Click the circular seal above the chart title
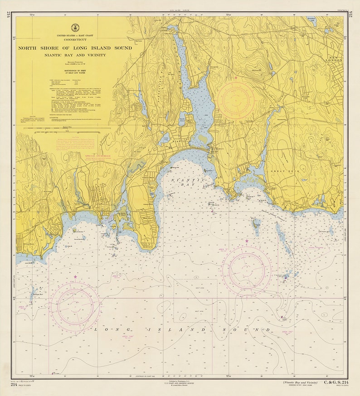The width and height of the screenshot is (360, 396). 74,28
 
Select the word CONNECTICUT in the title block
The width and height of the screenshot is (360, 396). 75,40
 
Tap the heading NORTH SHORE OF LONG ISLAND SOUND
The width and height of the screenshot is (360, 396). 75,48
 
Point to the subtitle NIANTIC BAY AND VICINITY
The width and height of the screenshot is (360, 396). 75,55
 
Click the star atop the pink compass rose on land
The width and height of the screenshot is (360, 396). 236,78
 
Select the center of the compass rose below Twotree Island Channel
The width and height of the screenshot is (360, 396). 247,270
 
